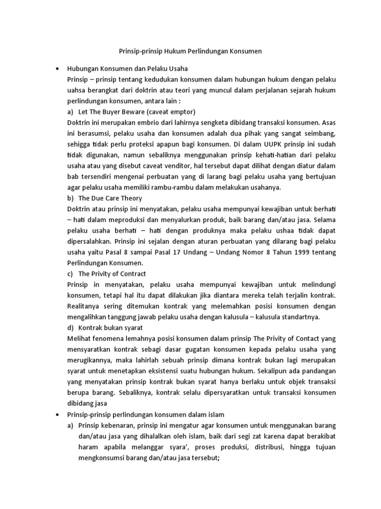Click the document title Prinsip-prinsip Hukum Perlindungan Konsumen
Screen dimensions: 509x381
pos(190,51)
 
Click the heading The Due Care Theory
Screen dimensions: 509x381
pos(110,198)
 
